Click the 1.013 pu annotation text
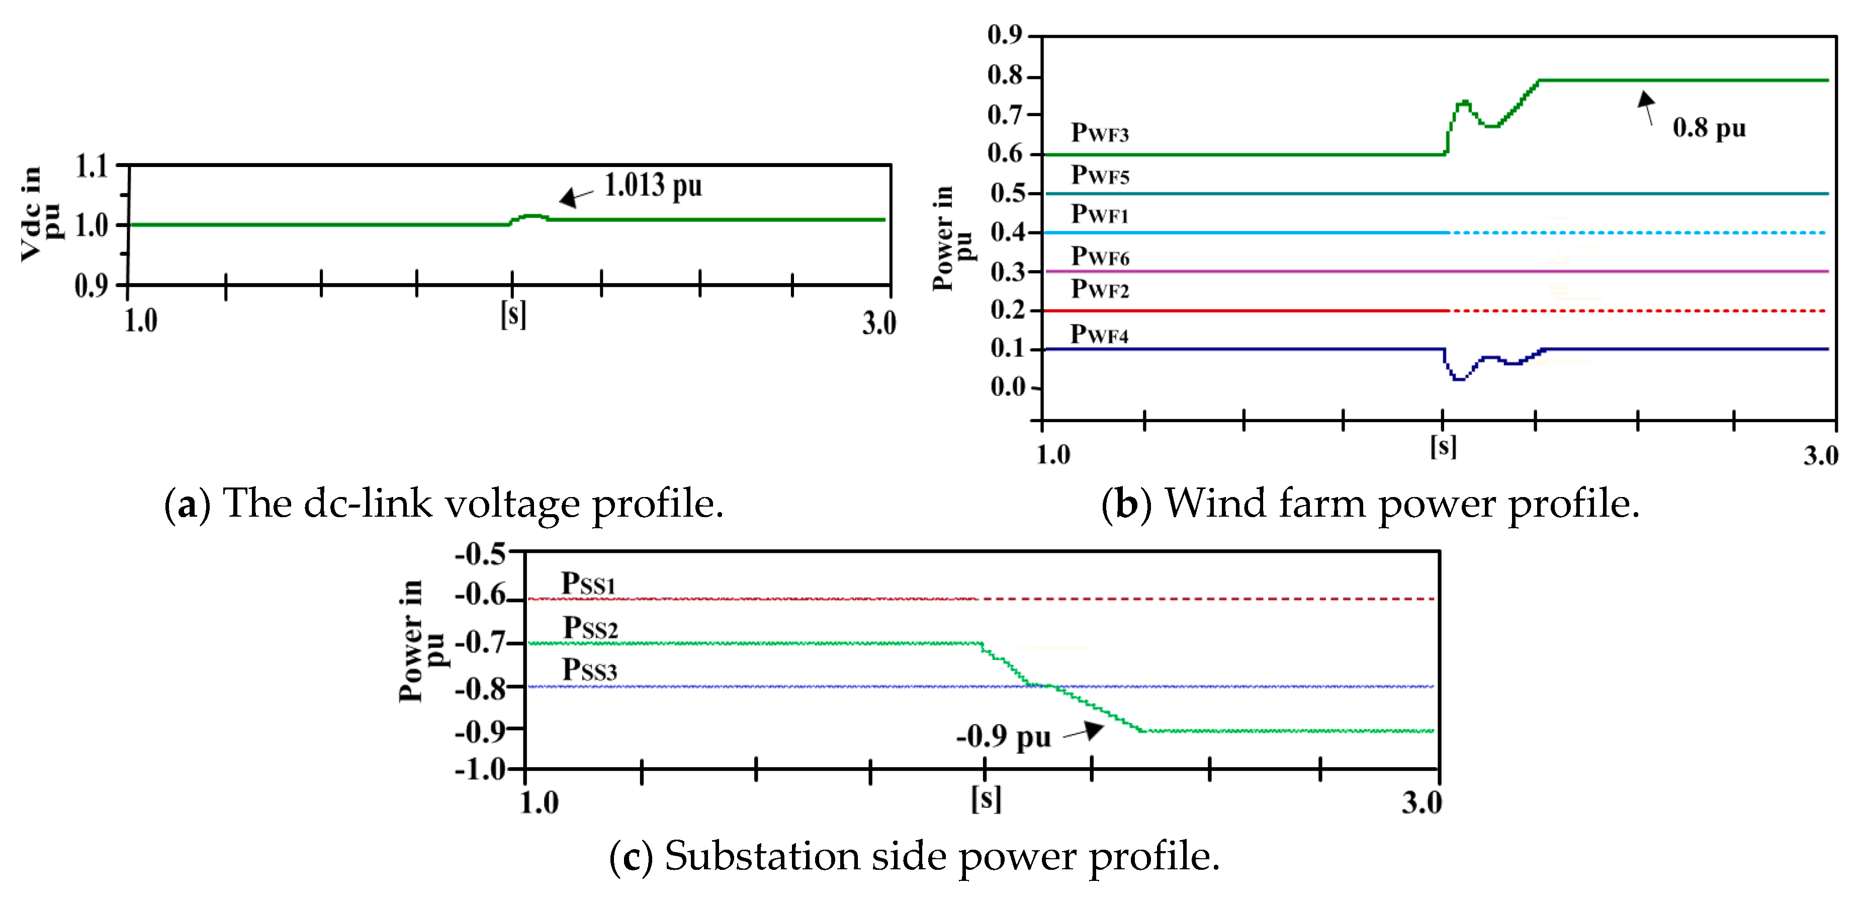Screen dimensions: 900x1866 point(653,186)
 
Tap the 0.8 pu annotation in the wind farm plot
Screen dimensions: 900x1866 point(1709,128)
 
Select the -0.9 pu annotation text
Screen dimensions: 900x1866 point(1003,737)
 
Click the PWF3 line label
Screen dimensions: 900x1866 point(1100,133)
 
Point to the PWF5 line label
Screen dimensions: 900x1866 point(1100,176)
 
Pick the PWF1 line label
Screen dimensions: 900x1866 point(1100,214)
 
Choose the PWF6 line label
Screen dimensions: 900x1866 point(1100,257)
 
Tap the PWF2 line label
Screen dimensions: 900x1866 point(1100,289)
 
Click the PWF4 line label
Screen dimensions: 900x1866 point(1099,335)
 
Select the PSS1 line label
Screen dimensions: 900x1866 point(588,584)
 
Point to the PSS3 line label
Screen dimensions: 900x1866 point(590,670)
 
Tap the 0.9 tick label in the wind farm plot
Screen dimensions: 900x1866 point(1004,34)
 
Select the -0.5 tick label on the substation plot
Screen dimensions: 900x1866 point(480,555)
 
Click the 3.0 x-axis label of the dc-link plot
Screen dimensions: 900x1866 point(878,322)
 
